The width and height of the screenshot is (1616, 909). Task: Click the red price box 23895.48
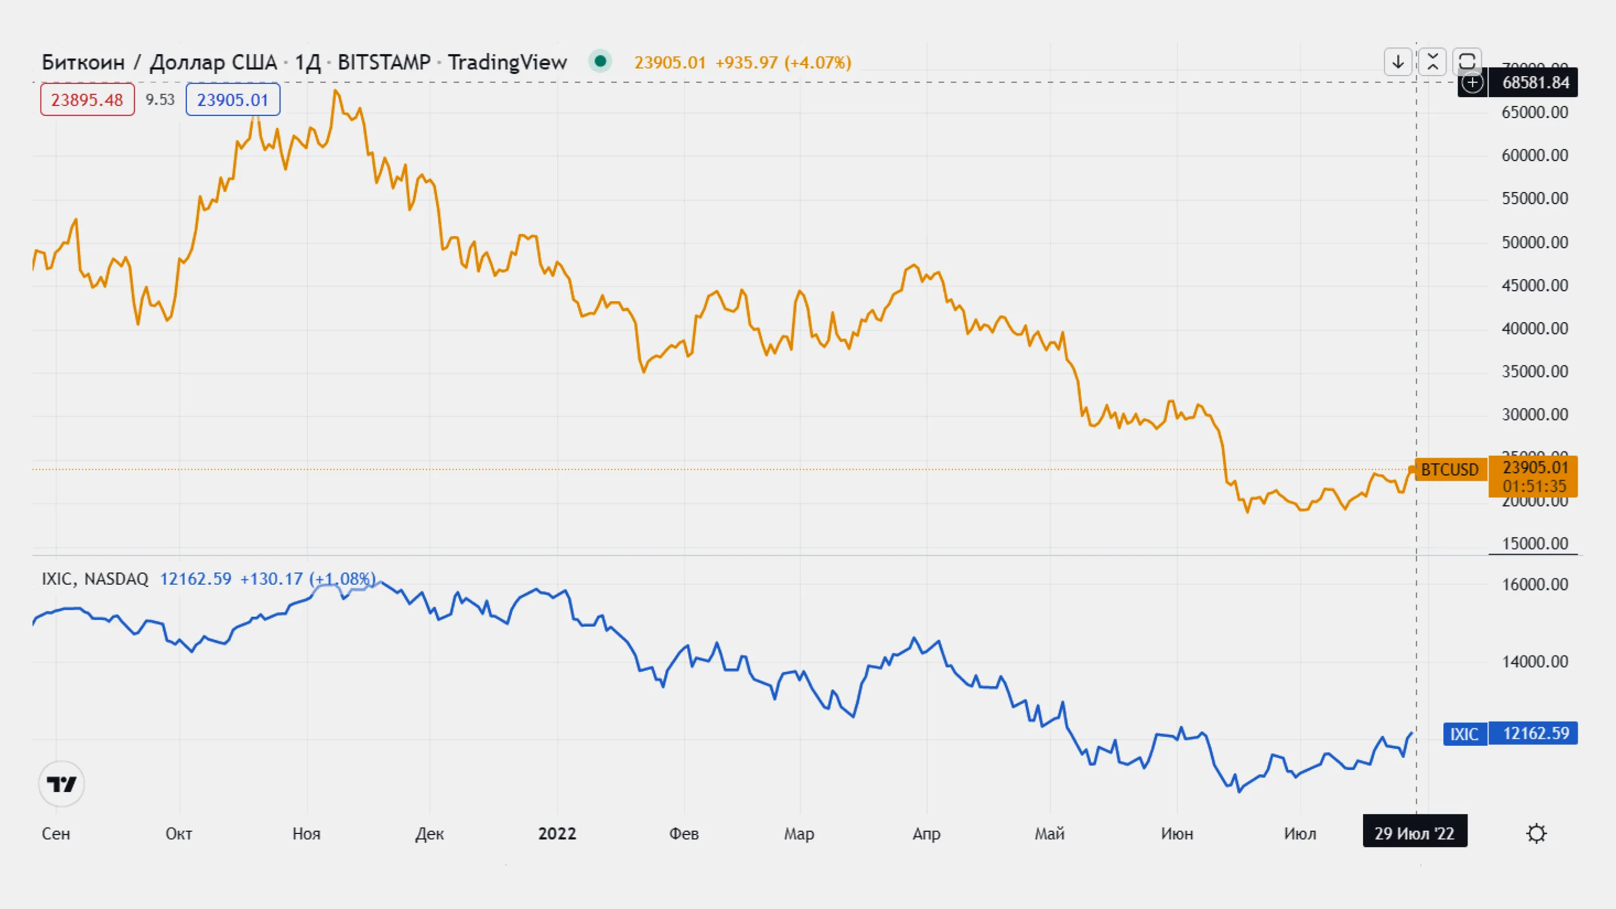click(87, 100)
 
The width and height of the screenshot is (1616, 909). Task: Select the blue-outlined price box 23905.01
click(233, 100)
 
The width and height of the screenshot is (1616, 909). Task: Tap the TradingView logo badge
click(61, 784)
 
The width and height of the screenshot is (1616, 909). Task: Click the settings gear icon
click(1536, 834)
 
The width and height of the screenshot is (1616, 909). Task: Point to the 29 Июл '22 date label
click(1414, 834)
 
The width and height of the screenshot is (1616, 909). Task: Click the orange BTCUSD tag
click(1449, 470)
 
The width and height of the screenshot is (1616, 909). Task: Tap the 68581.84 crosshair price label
click(1535, 83)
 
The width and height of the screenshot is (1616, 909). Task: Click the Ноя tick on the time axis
click(306, 834)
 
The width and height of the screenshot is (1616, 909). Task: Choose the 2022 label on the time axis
click(557, 834)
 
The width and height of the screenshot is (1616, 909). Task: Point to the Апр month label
click(926, 834)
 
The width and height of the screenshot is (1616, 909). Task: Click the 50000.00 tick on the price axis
click(1535, 242)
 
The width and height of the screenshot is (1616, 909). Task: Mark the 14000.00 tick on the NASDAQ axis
click(1535, 661)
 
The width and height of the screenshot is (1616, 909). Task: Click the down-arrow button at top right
click(1398, 62)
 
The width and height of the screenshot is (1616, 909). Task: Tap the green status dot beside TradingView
click(600, 61)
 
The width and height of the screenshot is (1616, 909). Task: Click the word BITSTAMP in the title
click(384, 62)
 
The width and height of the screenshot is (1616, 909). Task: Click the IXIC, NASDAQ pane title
click(95, 578)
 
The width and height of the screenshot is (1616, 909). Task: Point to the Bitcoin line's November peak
click(336, 92)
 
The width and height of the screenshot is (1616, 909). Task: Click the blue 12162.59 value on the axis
click(1536, 733)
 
